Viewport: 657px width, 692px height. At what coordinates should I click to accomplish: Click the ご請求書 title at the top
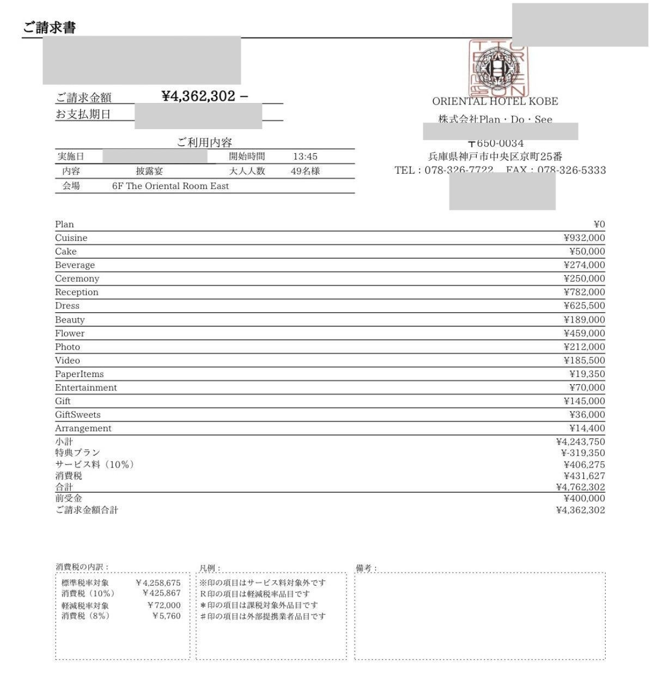click(x=49, y=28)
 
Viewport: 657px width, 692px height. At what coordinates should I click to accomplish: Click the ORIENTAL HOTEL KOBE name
click(x=495, y=101)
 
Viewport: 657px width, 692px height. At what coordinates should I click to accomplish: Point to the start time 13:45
click(x=305, y=157)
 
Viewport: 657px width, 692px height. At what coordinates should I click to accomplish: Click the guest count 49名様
click(x=305, y=171)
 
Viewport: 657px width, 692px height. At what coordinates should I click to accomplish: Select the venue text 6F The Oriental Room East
click(x=171, y=186)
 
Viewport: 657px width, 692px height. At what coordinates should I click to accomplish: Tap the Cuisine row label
click(x=71, y=238)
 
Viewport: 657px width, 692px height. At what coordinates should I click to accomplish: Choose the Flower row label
click(x=70, y=333)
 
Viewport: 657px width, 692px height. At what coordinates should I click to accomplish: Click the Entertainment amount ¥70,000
click(x=587, y=387)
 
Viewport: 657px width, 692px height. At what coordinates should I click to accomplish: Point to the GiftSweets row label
click(x=77, y=415)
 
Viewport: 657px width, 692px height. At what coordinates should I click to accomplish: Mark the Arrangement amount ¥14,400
click(x=587, y=428)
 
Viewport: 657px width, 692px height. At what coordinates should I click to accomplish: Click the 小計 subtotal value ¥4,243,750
click(x=580, y=442)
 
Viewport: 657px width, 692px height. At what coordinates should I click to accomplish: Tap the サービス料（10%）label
click(x=94, y=465)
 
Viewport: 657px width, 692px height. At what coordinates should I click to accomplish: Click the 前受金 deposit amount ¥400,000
click(x=584, y=498)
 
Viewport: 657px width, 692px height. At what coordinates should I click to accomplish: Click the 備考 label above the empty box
click(x=366, y=568)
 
